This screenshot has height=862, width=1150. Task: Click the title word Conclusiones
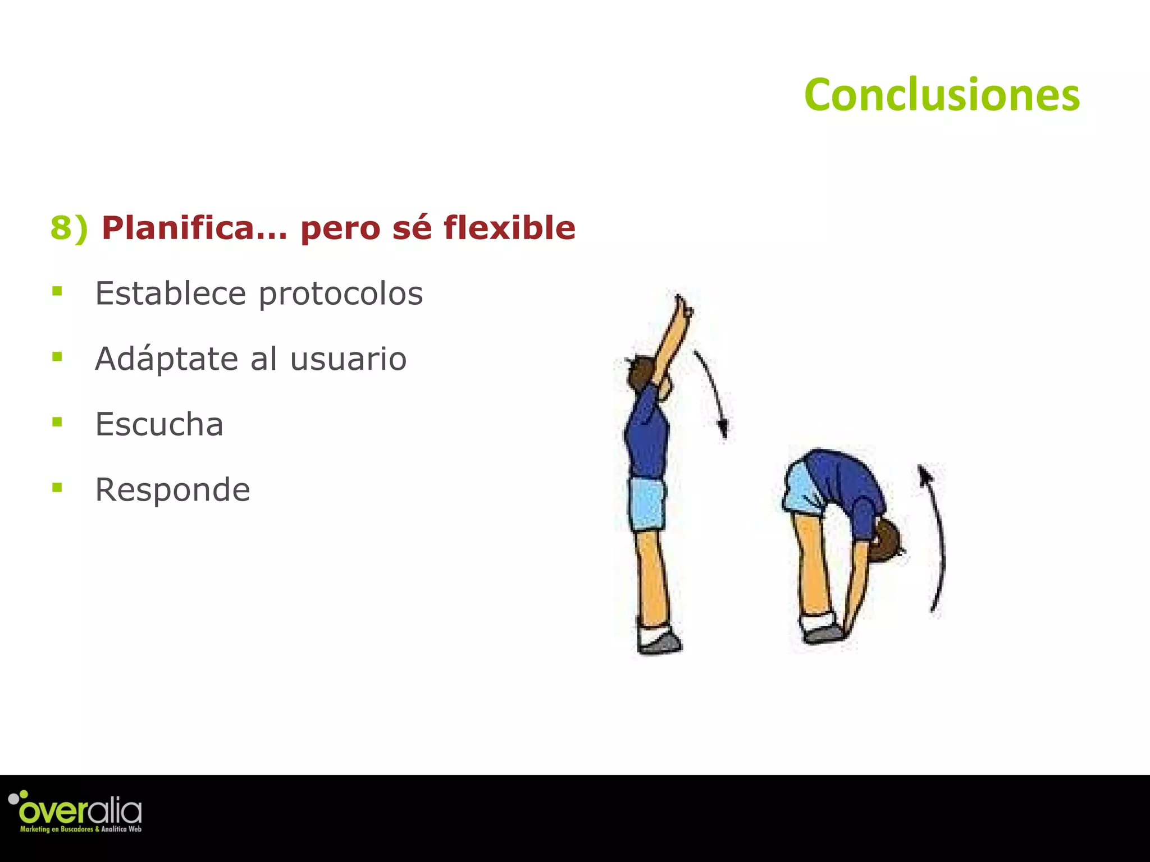pyautogui.click(x=942, y=95)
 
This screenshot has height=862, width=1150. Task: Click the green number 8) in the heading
pyautogui.click(x=69, y=228)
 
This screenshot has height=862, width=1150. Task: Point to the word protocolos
pyautogui.click(x=340, y=294)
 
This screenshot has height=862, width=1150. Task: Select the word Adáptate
pyautogui.click(x=166, y=359)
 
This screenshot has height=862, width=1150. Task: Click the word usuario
pyautogui.click(x=348, y=359)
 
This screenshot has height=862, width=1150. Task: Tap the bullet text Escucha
pyautogui.click(x=159, y=424)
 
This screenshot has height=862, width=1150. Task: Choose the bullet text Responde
pyautogui.click(x=172, y=490)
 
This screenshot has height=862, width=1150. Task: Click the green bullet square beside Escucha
pyautogui.click(x=57, y=422)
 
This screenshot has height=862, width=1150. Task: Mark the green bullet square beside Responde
pyautogui.click(x=57, y=487)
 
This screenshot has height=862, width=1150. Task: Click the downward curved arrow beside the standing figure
pyautogui.click(x=714, y=393)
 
